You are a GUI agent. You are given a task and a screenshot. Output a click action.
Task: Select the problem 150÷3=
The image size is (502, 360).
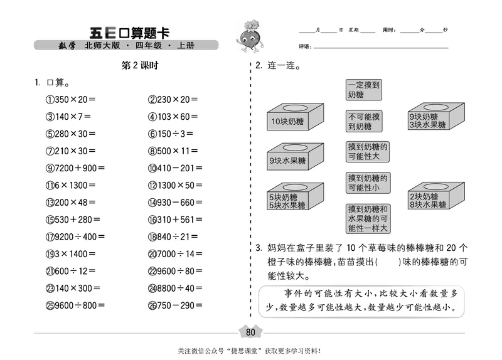coord(171,134)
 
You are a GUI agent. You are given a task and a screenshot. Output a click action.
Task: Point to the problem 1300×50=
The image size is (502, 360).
coord(175,185)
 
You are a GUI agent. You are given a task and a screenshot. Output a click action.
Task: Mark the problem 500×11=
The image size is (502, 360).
coord(173,151)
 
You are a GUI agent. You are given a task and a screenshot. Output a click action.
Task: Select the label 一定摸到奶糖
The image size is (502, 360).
coord(365,89)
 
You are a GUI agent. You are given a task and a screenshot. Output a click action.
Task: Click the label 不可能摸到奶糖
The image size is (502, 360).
coord(365,121)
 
